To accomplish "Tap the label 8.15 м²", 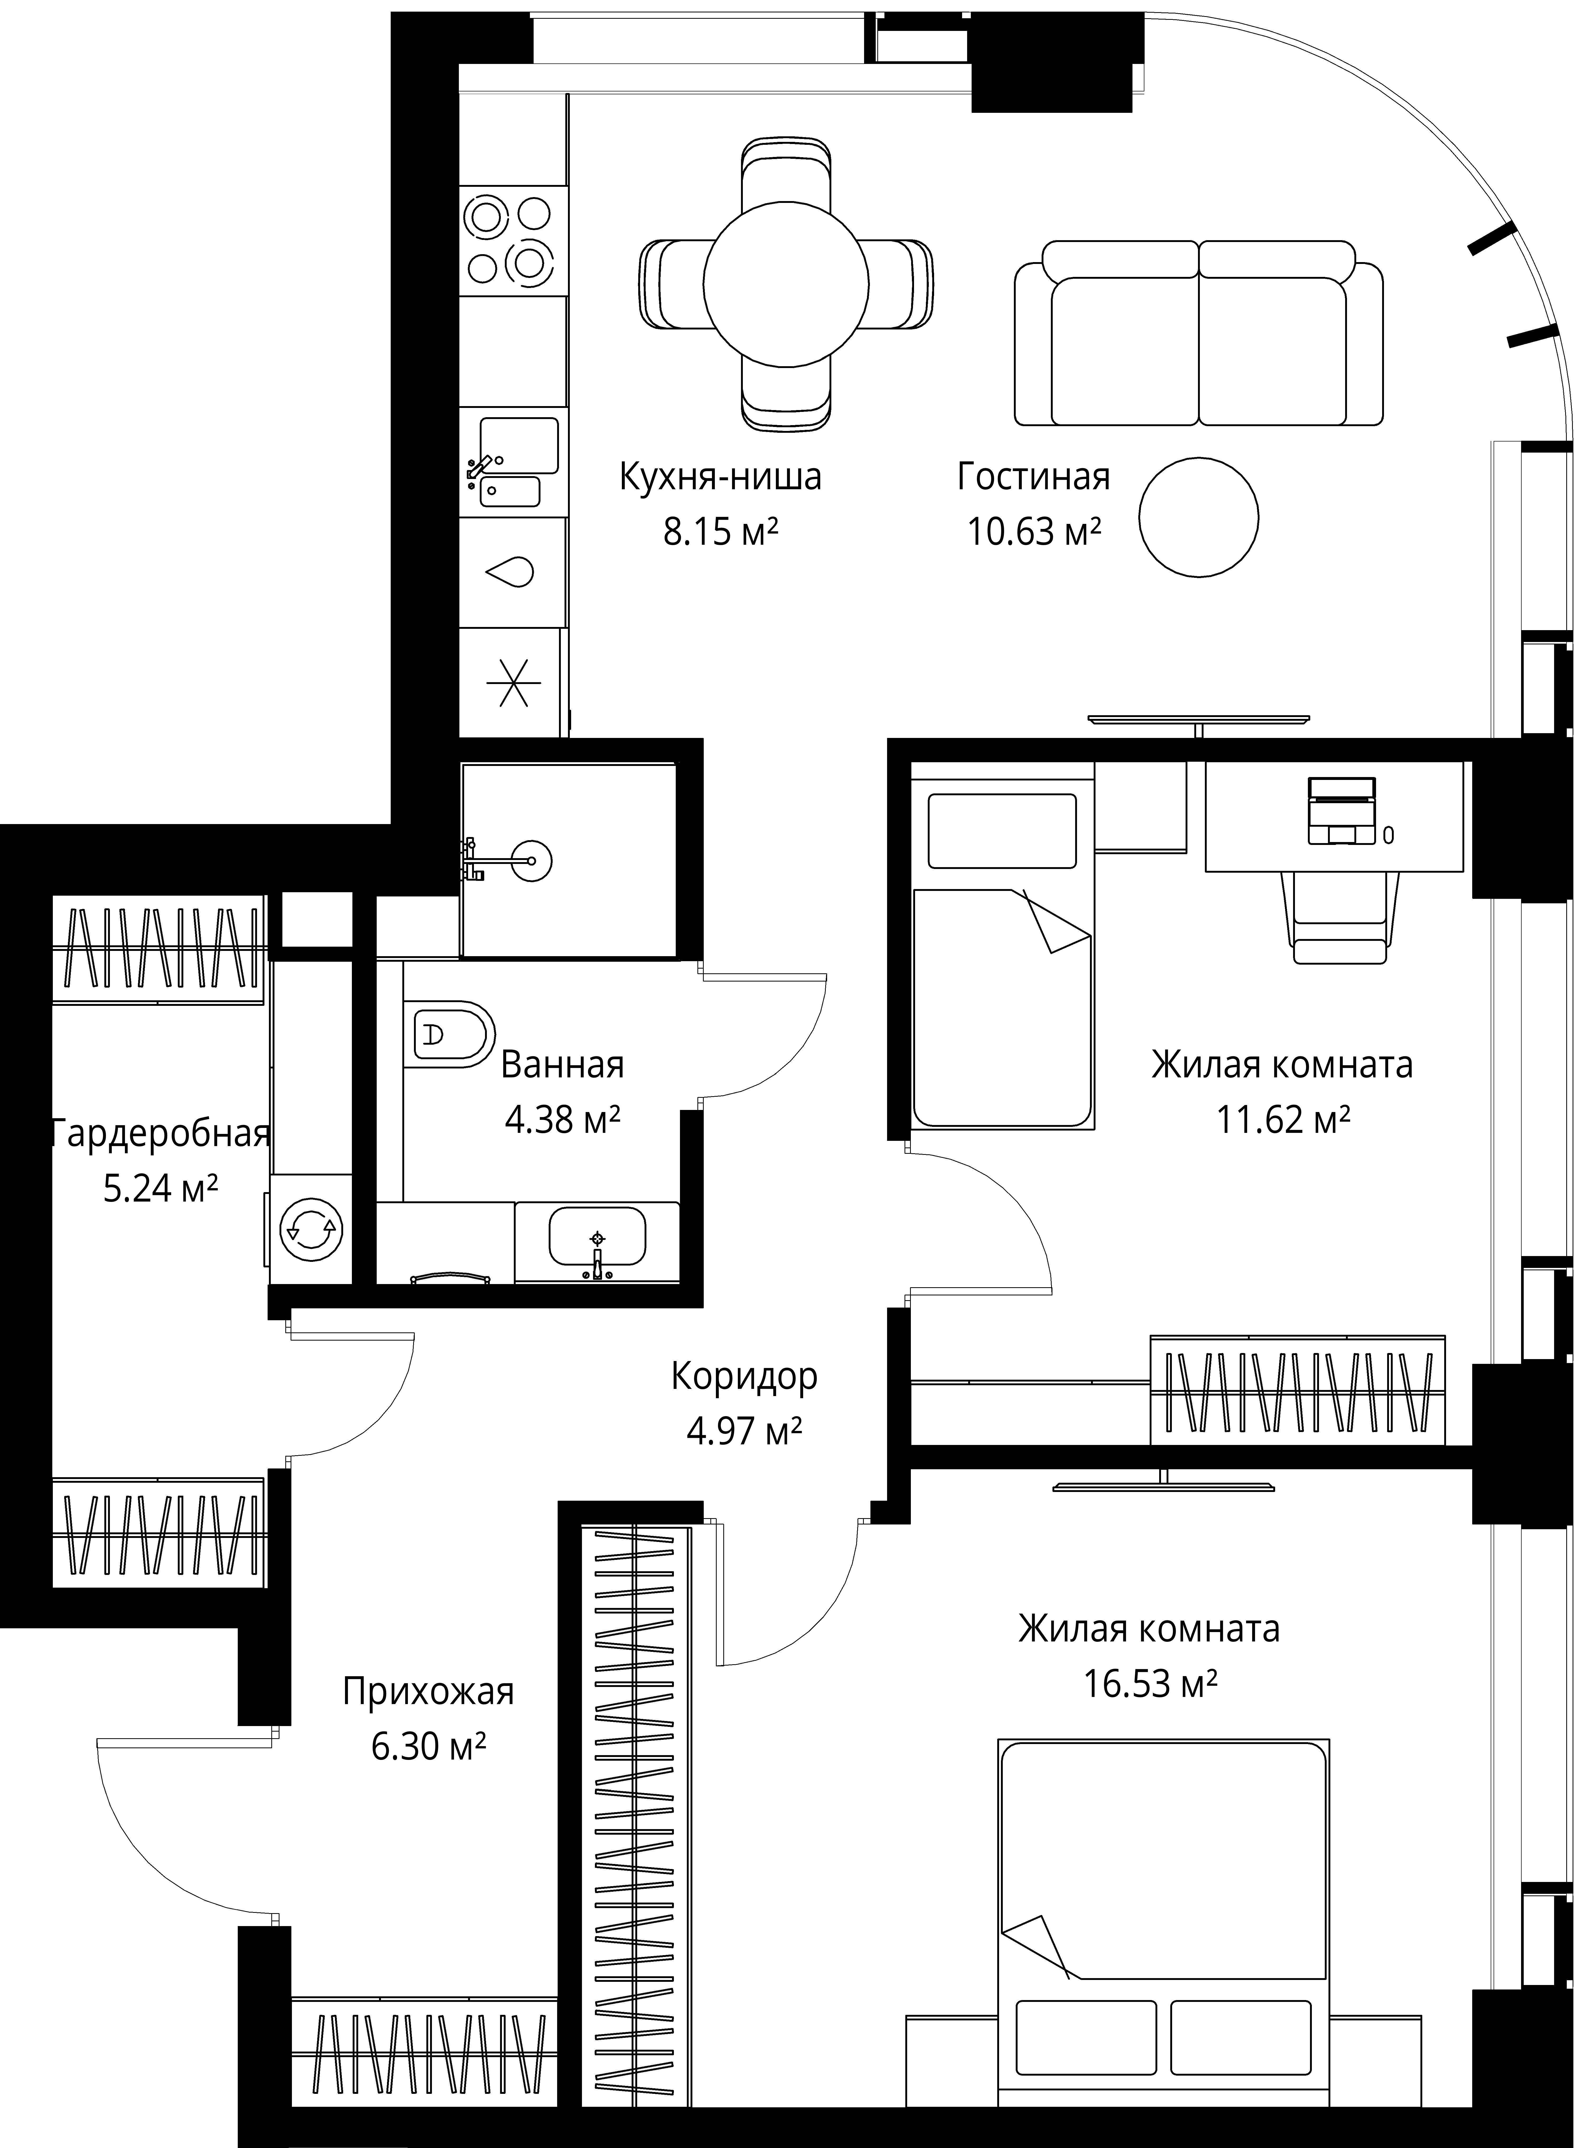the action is click(x=725, y=534).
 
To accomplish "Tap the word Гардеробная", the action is click(x=161, y=1140).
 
